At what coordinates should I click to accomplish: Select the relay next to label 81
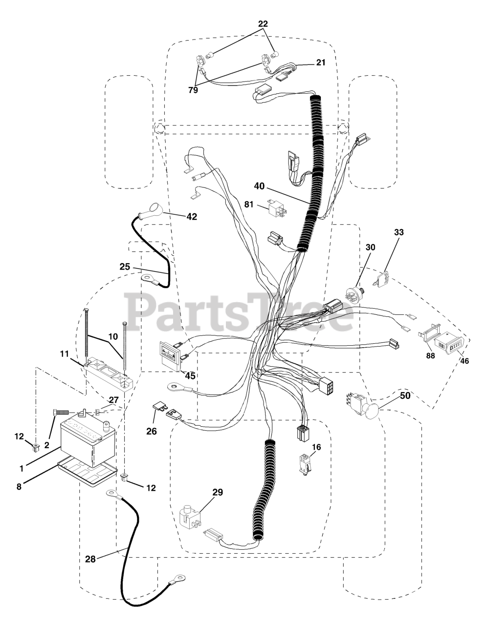tap(277, 208)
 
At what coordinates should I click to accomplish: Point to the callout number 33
tap(399, 233)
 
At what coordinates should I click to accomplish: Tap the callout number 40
tap(260, 186)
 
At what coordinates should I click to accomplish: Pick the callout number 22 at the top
tap(263, 24)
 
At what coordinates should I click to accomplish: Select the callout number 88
tap(430, 356)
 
